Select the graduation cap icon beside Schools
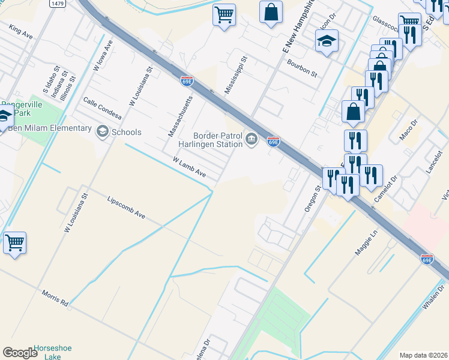(x=103, y=132)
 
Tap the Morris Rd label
(x=55, y=298)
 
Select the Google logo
(x=20, y=352)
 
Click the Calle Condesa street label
(x=103, y=108)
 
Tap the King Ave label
(x=20, y=32)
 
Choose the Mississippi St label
(x=236, y=75)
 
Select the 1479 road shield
(x=58, y=4)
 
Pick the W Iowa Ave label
(x=103, y=56)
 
